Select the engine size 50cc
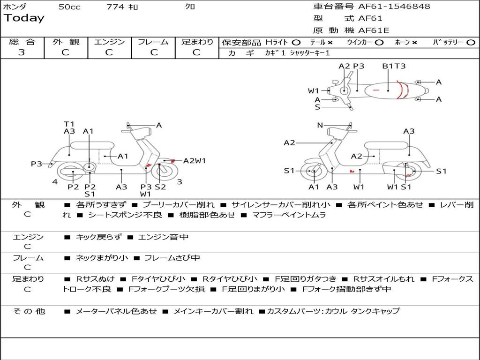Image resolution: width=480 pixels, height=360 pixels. click(69, 7)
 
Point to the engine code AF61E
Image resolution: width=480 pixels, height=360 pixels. click(374, 31)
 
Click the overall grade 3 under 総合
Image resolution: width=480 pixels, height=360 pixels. click(22, 52)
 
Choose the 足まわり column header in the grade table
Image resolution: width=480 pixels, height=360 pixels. click(197, 42)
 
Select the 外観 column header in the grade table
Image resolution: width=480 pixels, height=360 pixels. click(66, 42)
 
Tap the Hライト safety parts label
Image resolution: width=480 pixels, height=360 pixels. click(277, 42)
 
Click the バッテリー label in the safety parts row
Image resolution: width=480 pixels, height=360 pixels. click(448, 42)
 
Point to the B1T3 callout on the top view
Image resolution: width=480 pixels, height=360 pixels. click(394, 66)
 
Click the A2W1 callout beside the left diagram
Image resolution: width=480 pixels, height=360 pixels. click(195, 161)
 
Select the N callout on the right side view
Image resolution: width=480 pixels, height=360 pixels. click(320, 125)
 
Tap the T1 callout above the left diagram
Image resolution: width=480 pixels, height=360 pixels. click(69, 124)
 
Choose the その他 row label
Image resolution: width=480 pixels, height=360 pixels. click(29, 311)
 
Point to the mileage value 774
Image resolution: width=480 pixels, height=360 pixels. click(115, 7)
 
